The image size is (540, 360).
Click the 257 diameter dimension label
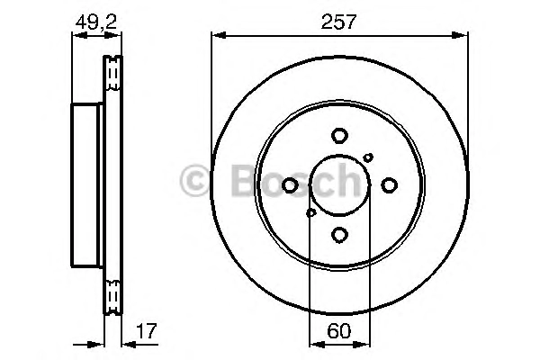pos(338,22)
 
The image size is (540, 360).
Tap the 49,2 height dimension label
pos(96,22)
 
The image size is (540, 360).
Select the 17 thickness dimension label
pos(147,330)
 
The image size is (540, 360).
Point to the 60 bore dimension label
pos(339,331)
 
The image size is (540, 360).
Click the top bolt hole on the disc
pos(339,135)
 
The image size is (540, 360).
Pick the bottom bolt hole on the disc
pos(339,235)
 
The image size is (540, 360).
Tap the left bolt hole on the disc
pos(290,185)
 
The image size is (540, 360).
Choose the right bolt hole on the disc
pos(389,185)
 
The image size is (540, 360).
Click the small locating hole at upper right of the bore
pos(368,157)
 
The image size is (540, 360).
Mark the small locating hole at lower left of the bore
pos(311,213)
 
